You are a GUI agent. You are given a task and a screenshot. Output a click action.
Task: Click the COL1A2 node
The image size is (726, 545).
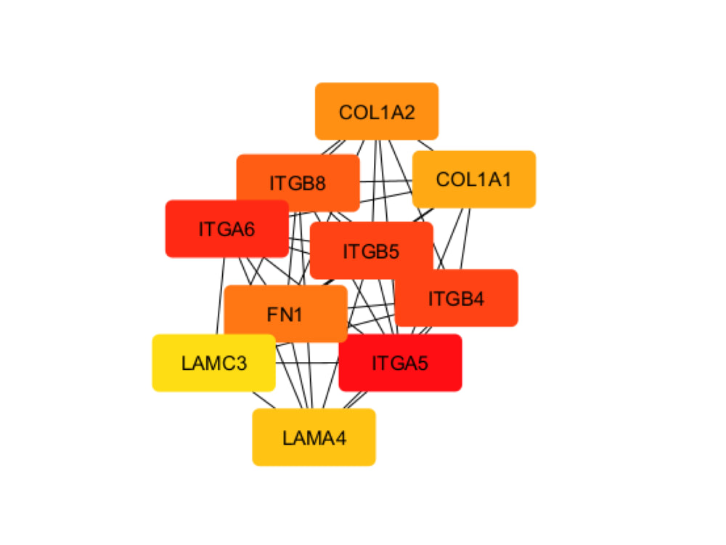pos(376,111)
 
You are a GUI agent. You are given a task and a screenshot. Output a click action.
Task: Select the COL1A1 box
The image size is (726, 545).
pos(473,179)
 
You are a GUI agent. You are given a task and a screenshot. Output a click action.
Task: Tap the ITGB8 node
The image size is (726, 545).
pos(298,182)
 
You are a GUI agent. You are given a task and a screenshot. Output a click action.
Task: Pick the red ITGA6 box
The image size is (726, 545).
pos(227,228)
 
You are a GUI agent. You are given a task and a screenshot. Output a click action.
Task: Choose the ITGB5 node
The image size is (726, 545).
pos(371,251)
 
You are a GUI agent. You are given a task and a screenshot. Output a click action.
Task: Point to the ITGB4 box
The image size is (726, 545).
pos(456,298)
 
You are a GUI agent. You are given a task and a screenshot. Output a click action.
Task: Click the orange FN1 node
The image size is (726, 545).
pos(285,314)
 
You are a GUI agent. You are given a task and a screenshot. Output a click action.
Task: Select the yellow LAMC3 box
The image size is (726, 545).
pos(214,363)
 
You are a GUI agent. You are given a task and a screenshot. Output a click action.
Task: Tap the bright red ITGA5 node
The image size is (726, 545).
pos(400,363)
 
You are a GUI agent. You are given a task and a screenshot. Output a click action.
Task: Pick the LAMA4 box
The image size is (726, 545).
pos(314,437)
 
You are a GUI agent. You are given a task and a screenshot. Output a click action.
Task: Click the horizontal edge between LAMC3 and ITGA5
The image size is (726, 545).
pos(307,363)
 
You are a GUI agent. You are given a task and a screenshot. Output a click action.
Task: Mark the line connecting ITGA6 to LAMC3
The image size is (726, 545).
pos(221,296)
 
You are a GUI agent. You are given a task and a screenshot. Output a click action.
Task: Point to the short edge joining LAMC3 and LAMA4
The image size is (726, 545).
pos(264,400)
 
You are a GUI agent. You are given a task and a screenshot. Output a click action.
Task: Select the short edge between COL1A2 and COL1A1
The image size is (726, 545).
pos(425,145)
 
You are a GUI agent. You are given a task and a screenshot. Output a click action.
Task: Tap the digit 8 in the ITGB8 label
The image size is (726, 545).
pos(319,184)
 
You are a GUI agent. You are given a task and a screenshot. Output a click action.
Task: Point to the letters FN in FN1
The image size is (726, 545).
pos(279,315)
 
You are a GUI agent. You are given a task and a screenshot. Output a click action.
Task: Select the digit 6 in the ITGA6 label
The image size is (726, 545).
pos(248,230)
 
